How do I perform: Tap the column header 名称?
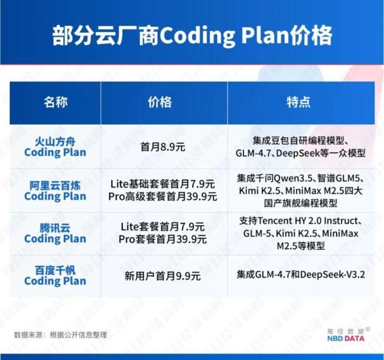56,102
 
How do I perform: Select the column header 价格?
160,102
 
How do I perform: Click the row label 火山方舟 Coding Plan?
56,147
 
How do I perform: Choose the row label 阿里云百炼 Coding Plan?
56,190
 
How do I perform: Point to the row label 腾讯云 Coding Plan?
56,233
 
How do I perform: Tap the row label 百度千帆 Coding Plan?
56,275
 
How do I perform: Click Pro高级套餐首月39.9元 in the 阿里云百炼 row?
163,196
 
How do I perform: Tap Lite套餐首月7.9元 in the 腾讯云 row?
163,227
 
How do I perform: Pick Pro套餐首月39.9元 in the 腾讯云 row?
163,239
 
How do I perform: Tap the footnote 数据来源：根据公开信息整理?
61,335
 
